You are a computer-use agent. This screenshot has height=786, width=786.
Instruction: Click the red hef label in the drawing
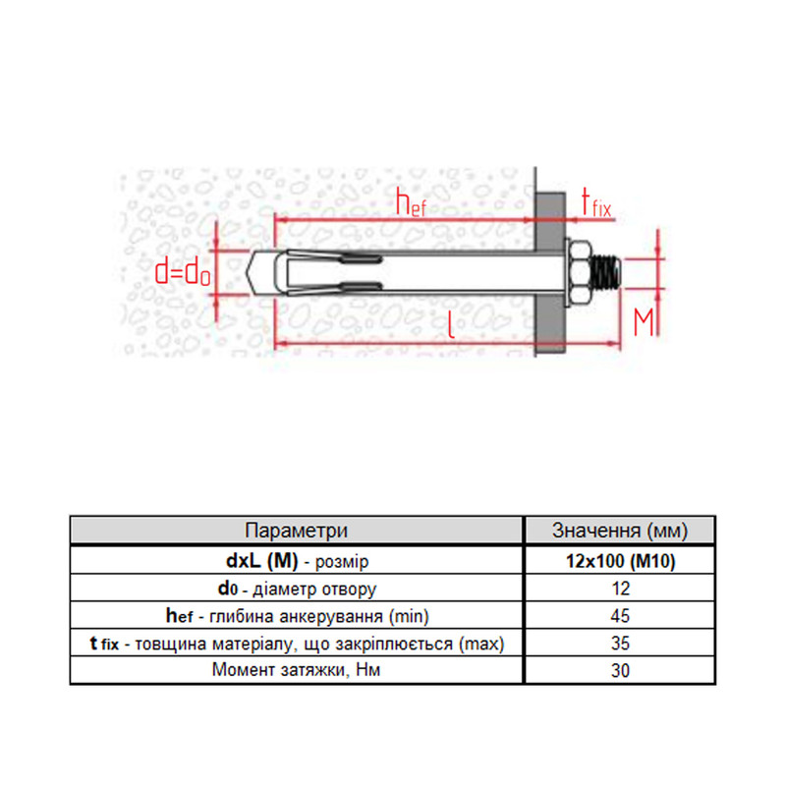[x=411, y=202]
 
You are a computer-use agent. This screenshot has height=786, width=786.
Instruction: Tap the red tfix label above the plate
[x=596, y=202]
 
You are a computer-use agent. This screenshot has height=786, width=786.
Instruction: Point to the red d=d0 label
[x=183, y=273]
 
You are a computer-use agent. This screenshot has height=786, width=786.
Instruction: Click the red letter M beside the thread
[x=644, y=322]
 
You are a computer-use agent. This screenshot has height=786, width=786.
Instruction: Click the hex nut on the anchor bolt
[x=580, y=273]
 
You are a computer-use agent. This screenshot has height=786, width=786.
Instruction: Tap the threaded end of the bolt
[x=606, y=273]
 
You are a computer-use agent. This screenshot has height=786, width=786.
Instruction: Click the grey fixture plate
[x=550, y=274]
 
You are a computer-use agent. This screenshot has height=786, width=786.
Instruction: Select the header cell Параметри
[x=297, y=531]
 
